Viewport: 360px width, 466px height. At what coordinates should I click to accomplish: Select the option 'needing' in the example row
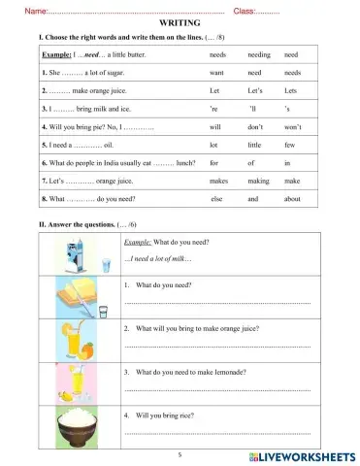pyautogui.click(x=259, y=55)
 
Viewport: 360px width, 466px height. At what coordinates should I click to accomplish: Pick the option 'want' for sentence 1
pyautogui.click(x=217, y=73)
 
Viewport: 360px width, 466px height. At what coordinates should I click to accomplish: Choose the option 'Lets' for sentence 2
pyautogui.click(x=291, y=90)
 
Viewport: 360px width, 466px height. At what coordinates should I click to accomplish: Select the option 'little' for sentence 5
pyautogui.click(x=257, y=145)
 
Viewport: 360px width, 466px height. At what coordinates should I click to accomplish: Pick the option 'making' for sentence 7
pyautogui.click(x=259, y=182)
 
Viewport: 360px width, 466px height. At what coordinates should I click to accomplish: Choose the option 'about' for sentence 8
pyautogui.click(x=294, y=199)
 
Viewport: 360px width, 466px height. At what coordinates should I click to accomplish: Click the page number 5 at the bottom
pyautogui.click(x=180, y=453)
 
